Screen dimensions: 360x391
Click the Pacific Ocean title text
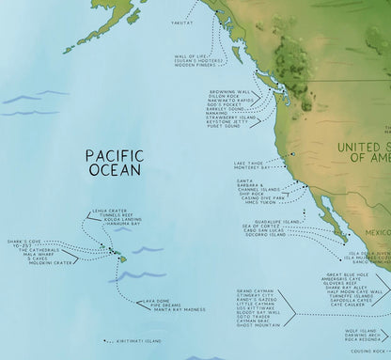click(x=112, y=161)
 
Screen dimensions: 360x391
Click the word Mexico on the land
click(x=379, y=231)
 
